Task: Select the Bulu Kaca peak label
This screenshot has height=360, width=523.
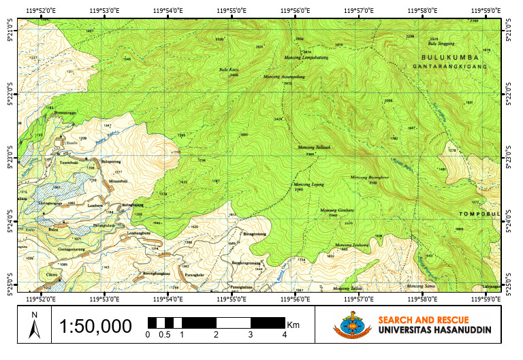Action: coord(228,69)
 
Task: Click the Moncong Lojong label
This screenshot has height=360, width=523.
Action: coord(308,184)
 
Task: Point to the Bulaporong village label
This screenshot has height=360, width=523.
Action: coord(110,161)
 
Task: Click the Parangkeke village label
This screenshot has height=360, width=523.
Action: coord(195,274)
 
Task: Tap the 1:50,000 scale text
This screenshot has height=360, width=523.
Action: coord(95,327)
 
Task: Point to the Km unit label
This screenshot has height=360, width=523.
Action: coord(294,325)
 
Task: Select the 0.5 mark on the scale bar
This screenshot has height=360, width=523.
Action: coord(164,335)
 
